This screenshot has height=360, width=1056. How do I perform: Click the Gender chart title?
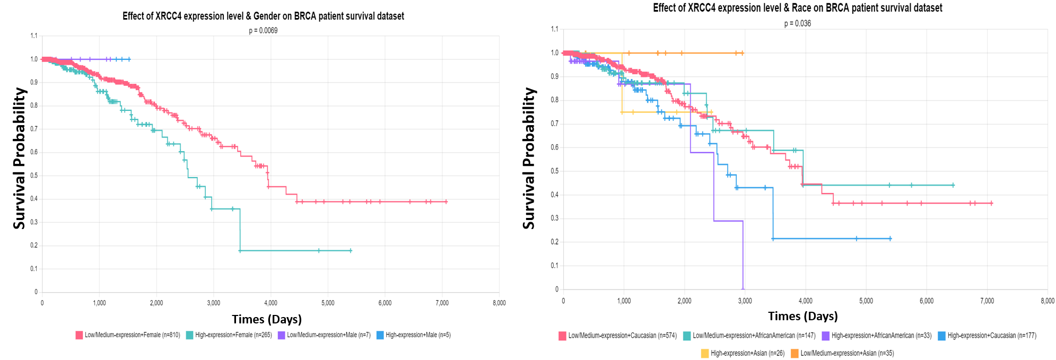[x=263, y=16]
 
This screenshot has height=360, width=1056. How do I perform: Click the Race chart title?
[x=797, y=8]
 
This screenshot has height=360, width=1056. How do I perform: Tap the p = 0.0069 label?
[x=263, y=31]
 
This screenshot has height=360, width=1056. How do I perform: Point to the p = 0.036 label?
[x=797, y=23]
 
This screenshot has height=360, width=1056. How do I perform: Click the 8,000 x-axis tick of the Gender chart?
[x=499, y=303]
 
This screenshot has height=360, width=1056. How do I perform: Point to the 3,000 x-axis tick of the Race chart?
[x=745, y=301]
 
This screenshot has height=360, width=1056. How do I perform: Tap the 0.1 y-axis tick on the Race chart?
[x=554, y=266]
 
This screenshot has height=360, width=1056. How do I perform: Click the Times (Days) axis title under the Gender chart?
[x=266, y=319]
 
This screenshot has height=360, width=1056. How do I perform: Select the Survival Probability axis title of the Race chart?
[x=528, y=158]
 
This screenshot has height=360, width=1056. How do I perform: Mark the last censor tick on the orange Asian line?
[x=742, y=53]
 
